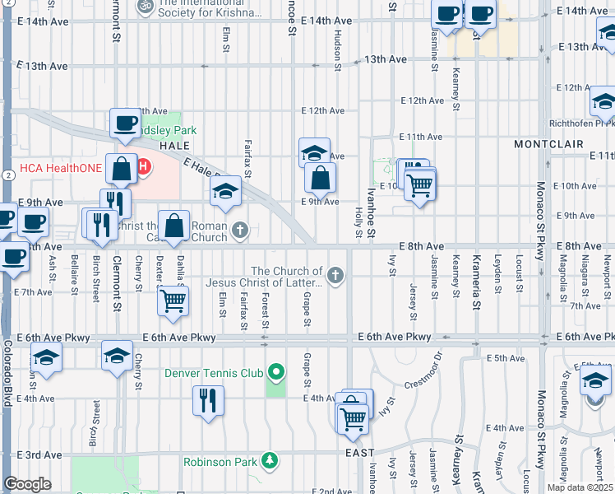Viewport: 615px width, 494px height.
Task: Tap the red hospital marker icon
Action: (143, 168)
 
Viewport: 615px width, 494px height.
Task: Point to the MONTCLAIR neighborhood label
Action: (548, 144)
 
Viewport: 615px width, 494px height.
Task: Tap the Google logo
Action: (27, 484)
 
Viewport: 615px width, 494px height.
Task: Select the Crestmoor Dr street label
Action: (416, 375)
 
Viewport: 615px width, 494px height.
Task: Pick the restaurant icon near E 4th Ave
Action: (208, 401)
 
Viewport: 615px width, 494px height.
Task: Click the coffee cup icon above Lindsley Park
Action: (126, 123)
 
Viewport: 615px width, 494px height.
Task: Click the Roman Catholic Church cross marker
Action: (239, 231)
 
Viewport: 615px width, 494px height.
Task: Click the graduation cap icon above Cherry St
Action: (116, 356)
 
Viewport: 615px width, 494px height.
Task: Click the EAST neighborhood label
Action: (359, 453)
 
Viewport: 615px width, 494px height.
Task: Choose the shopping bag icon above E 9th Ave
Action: (320, 177)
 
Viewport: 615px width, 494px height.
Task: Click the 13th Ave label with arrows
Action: (386, 59)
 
